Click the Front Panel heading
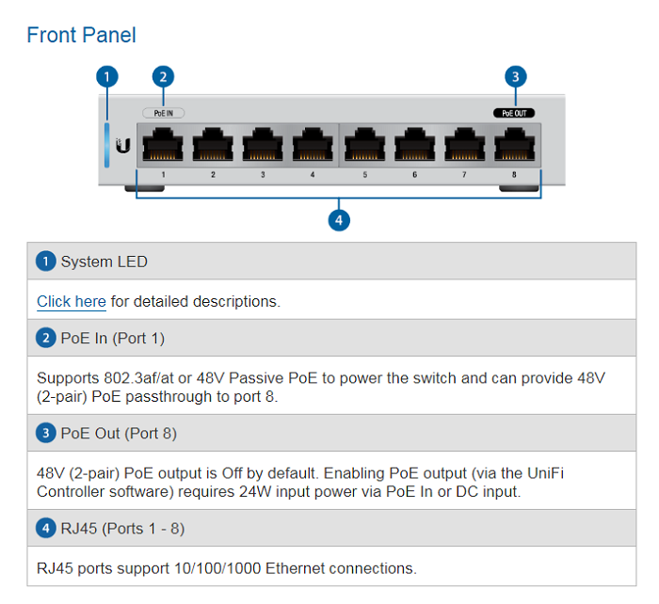click(x=81, y=36)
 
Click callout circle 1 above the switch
click(x=108, y=76)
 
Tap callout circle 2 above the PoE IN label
click(x=164, y=76)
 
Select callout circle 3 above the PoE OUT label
click(x=515, y=76)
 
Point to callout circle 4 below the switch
click(x=339, y=220)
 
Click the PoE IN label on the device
click(x=164, y=112)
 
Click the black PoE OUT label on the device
click(x=515, y=112)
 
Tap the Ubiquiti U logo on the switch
click(x=122, y=147)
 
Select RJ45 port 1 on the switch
click(x=163, y=147)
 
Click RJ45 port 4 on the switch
click(x=313, y=147)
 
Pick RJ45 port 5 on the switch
click(x=364, y=147)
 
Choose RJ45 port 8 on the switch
click(x=515, y=147)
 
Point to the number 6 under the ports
click(x=414, y=175)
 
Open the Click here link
click(x=72, y=302)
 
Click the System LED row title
click(x=104, y=262)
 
